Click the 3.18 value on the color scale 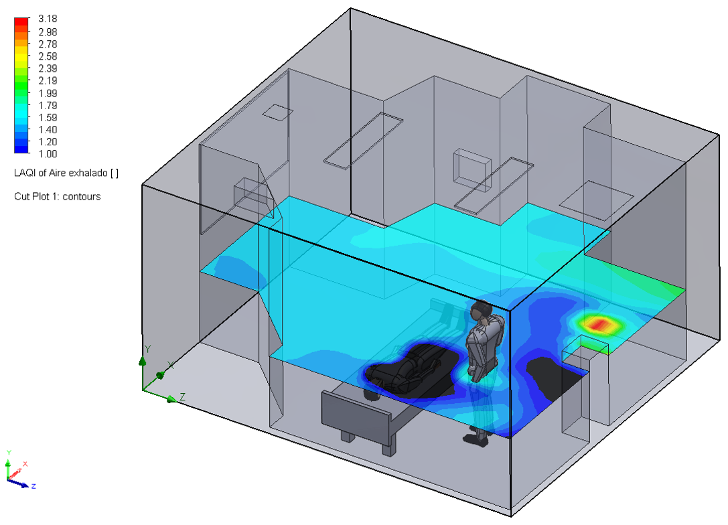(48, 19)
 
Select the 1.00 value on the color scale (48, 154)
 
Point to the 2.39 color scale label (48, 68)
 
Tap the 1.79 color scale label (48, 105)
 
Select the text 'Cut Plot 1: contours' (57, 197)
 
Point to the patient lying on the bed (405, 372)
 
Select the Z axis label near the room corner (182, 397)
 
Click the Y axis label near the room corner (147, 349)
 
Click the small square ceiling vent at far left (277, 112)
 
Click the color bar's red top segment (22, 22)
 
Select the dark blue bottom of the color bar (22, 149)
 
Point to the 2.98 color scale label (48, 32)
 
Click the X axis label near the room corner (170, 366)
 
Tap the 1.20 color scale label (48, 142)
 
